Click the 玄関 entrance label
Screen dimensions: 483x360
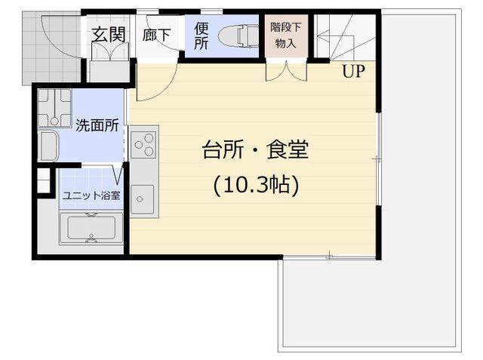click(x=109, y=34)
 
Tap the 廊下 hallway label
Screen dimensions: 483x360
click(x=156, y=35)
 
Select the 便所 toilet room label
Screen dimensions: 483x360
click(x=202, y=35)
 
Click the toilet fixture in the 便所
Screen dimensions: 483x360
click(x=238, y=36)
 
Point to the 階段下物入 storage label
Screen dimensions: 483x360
click(x=285, y=35)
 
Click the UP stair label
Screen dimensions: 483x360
click(x=353, y=71)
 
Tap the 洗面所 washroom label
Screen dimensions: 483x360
click(x=97, y=125)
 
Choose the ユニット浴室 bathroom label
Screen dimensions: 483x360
click(x=91, y=195)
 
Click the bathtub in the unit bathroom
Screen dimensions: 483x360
click(x=91, y=228)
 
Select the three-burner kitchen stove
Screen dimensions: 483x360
click(x=143, y=144)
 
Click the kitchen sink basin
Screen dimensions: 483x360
click(x=142, y=199)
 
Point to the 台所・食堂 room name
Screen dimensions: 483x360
click(x=255, y=149)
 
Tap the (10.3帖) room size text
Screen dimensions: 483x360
click(x=256, y=186)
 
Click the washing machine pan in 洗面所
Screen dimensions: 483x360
click(x=54, y=108)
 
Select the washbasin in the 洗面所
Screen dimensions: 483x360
click(x=48, y=146)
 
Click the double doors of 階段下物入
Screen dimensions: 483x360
click(x=286, y=71)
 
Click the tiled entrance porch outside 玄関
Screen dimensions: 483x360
click(x=51, y=48)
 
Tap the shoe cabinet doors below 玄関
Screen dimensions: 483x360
click(x=110, y=51)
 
